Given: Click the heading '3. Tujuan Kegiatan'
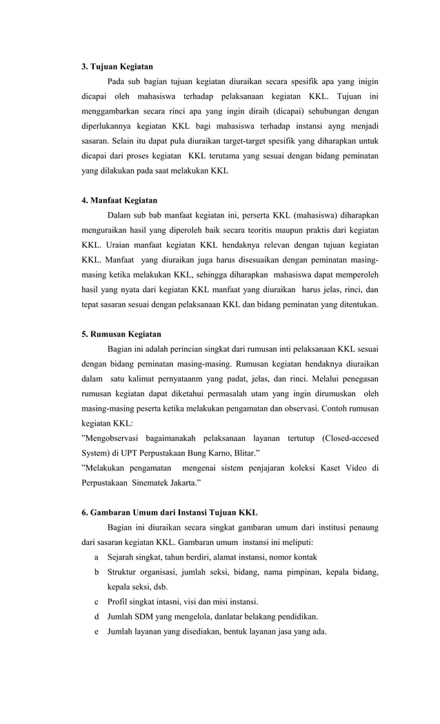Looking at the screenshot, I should coord(117,67).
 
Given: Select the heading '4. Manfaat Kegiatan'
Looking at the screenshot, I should coord(119,200).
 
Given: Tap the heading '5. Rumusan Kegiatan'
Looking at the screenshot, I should coord(121,334).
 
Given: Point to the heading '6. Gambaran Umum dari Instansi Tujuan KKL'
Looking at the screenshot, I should coord(170,513).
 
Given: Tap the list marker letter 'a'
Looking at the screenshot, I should coord(96,557).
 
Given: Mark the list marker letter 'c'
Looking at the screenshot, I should coord(96,601).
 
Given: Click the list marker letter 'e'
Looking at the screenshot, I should coord(96,632).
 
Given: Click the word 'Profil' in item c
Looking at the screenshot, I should coord(118,601).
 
